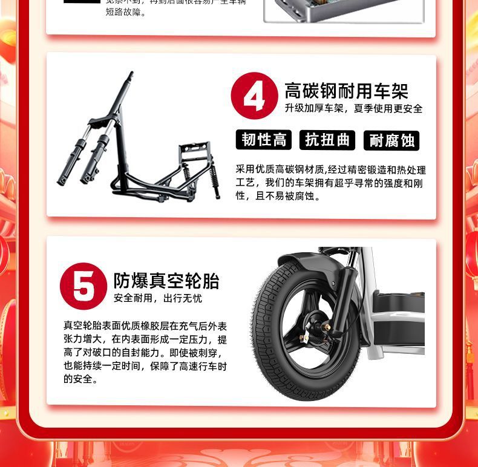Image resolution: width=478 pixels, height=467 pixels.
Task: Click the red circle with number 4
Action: (254, 96)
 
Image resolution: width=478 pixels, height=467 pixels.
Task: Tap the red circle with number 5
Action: (83, 286)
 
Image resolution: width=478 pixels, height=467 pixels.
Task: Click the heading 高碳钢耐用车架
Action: (346, 91)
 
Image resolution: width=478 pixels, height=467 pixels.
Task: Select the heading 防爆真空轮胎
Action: (166, 281)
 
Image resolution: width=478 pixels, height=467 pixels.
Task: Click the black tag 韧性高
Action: (263, 140)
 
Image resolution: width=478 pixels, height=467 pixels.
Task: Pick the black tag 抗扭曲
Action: (327, 140)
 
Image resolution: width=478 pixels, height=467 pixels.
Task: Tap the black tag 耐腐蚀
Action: (391, 140)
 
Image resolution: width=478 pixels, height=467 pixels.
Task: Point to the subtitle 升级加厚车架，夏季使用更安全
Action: (353, 109)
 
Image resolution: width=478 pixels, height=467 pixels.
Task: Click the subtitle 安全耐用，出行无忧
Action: (158, 298)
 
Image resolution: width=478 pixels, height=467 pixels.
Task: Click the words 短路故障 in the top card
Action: (126, 11)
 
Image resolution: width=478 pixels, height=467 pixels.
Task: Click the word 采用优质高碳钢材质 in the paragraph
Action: (281, 169)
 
